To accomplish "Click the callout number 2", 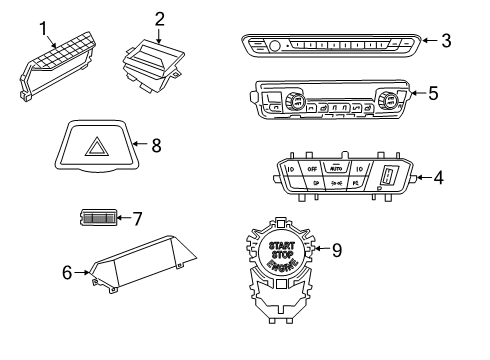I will click(159, 18).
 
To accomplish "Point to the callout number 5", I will click(432, 93).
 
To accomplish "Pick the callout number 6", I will click(67, 270).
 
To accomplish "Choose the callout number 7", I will click(137, 217).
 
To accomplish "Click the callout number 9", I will click(336, 250).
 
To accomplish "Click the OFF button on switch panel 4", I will click(311, 168).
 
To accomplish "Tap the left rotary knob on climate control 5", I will click(296, 101).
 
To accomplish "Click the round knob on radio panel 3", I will click(275, 44).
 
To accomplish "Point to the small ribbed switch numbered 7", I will click(97, 217).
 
